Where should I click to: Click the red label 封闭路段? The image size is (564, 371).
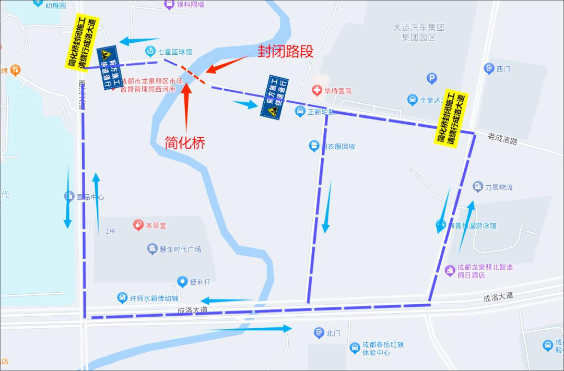pyautogui.click(x=286, y=51)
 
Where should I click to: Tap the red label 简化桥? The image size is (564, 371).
pyautogui.click(x=185, y=142)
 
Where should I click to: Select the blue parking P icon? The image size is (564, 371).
pyautogui.click(x=431, y=79)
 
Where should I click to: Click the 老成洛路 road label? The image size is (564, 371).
pyautogui.click(x=502, y=139)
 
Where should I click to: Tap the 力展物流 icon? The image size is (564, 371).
pyautogui.click(x=477, y=187)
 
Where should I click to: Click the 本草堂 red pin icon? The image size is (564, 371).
pyautogui.click(x=138, y=225)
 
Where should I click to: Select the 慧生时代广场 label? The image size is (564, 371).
pyautogui.click(x=181, y=249)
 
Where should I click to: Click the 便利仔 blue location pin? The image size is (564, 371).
pyautogui.click(x=182, y=282)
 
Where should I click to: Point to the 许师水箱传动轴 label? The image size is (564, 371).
pyautogui.click(x=153, y=298)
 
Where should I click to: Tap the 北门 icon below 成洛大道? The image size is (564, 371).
pyautogui.click(x=319, y=332)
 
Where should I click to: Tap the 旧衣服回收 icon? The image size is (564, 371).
pyautogui.click(x=314, y=146)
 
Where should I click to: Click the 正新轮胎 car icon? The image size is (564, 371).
pyautogui.click(x=300, y=111)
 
